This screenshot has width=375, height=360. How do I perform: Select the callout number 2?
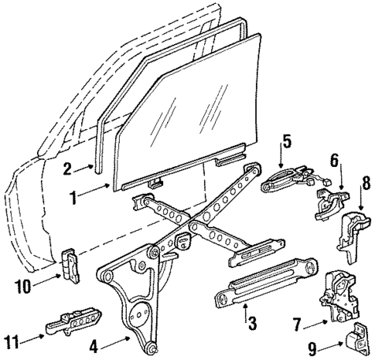coord(67,168)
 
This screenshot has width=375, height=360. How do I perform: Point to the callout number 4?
coord(94,346)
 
